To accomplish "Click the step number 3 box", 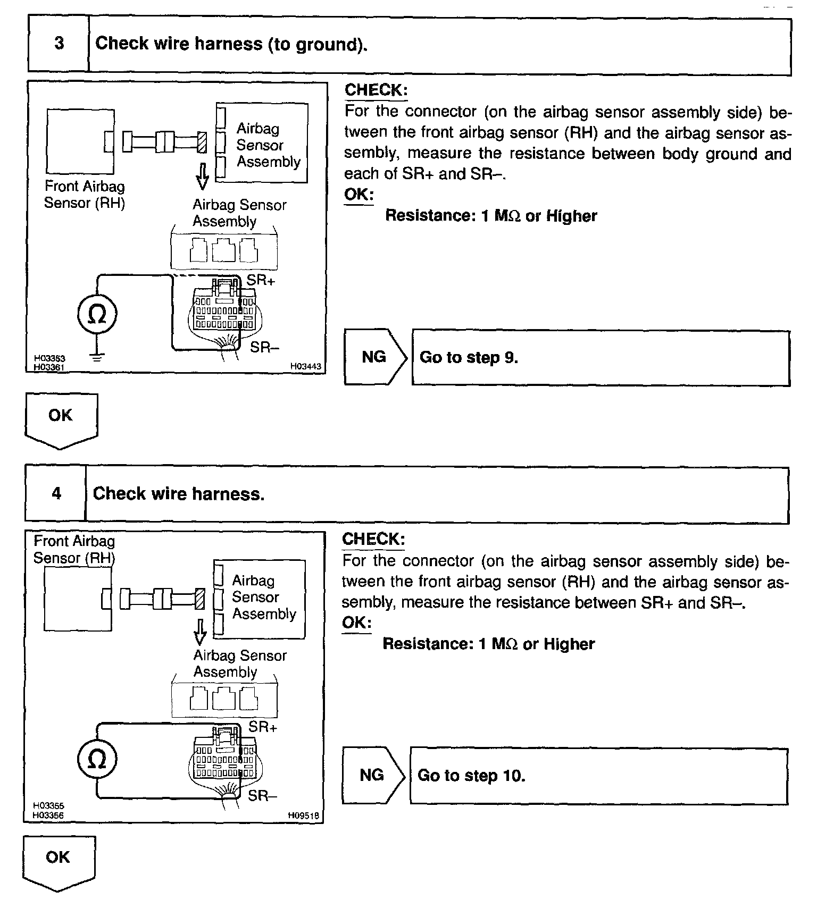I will [x=59, y=45].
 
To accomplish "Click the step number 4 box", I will [x=56, y=494].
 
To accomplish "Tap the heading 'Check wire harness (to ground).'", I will [x=231, y=44].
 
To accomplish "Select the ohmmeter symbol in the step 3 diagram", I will [x=96, y=315].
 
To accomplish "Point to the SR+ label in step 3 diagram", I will [x=260, y=280].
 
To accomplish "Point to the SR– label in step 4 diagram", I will [x=262, y=795].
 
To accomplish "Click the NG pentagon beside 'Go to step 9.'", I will [x=374, y=357].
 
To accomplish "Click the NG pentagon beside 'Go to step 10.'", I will [x=372, y=775].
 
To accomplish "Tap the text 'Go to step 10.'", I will [x=471, y=776].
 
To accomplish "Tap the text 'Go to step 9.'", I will [x=469, y=357].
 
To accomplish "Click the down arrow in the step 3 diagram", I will [x=202, y=176].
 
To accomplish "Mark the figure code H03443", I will [x=306, y=366].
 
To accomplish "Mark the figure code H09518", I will [x=305, y=814].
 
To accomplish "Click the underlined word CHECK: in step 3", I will [x=376, y=90].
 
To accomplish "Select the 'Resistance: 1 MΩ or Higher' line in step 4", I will [x=488, y=644].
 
